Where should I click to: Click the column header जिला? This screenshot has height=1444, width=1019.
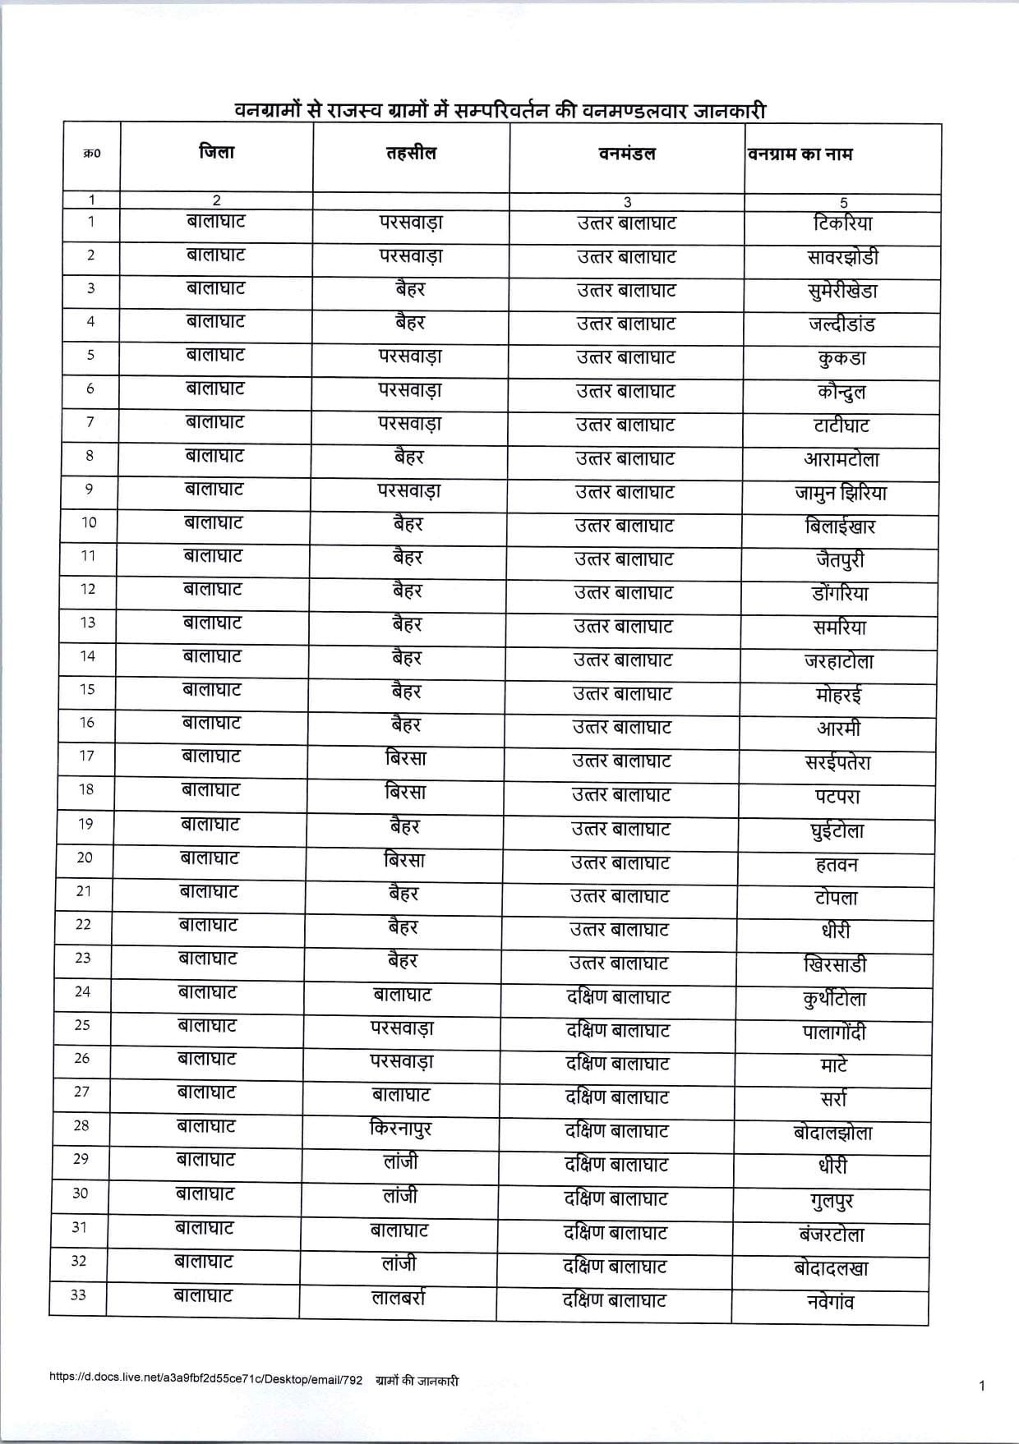216,153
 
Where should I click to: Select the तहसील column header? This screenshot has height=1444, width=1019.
411,154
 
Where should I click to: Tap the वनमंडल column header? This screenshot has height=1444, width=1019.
627,154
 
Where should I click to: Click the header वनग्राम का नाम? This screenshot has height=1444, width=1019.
800,154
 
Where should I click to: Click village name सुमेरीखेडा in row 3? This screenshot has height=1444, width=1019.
842,291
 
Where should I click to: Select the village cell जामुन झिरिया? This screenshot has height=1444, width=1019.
841,493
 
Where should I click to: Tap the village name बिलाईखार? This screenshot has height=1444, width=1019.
840,527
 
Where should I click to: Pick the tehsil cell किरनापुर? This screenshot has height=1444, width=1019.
401,1130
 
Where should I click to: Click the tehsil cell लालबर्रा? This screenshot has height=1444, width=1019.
398,1299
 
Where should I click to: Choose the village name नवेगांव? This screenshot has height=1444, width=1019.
831,1302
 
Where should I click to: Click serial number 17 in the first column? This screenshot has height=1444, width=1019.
86,756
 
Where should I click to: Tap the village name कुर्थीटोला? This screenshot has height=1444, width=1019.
834,999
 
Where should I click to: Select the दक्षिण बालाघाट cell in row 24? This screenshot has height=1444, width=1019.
619,997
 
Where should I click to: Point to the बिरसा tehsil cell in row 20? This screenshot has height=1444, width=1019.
405,861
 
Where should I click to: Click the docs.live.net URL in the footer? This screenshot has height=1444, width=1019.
206,1381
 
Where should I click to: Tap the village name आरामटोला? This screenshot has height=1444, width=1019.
841,459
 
